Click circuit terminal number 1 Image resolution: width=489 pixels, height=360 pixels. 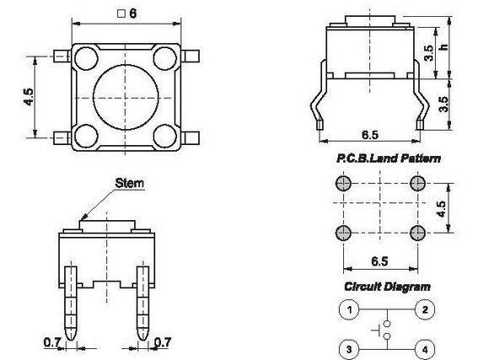click(349, 309)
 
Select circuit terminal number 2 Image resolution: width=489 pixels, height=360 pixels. click(425, 309)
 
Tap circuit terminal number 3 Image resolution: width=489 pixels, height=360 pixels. click(349, 349)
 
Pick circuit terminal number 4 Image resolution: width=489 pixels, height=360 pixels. click(425, 349)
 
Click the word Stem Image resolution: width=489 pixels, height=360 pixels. click(130, 183)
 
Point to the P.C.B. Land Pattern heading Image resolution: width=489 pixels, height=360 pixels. click(389, 159)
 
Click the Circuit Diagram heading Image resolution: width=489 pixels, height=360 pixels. click(387, 287)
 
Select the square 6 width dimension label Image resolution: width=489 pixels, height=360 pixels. click(127, 13)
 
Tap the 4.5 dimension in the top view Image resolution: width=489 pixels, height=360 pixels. click(29, 97)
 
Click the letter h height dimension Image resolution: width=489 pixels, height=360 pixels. click(443, 47)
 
